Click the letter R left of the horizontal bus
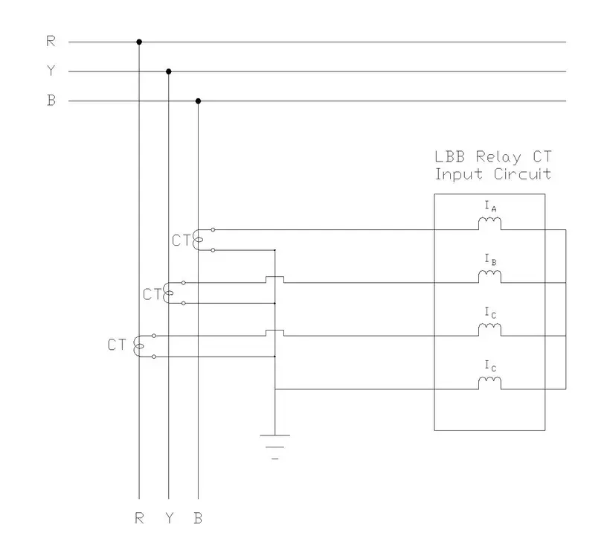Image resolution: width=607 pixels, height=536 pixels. click(51, 42)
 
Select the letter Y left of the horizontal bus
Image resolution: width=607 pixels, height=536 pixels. click(51, 71)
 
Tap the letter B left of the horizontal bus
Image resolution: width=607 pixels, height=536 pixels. click(51, 100)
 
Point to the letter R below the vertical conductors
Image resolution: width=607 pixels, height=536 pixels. click(139, 518)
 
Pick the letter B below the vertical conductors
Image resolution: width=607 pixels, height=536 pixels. click(198, 518)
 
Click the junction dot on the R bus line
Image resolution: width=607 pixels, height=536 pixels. click(139, 42)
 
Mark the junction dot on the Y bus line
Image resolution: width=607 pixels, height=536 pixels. click(169, 71)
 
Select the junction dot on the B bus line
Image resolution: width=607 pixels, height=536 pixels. click(198, 100)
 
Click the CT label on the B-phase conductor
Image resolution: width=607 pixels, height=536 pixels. click(181, 240)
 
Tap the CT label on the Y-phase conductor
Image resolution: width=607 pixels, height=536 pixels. click(152, 294)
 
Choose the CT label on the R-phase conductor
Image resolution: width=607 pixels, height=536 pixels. click(117, 345)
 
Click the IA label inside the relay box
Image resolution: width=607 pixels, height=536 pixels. click(490, 206)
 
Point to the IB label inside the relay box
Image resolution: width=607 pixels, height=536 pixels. click(490, 259)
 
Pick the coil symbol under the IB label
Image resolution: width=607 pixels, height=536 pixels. click(489, 276)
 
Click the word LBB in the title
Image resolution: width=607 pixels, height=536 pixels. click(449, 157)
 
